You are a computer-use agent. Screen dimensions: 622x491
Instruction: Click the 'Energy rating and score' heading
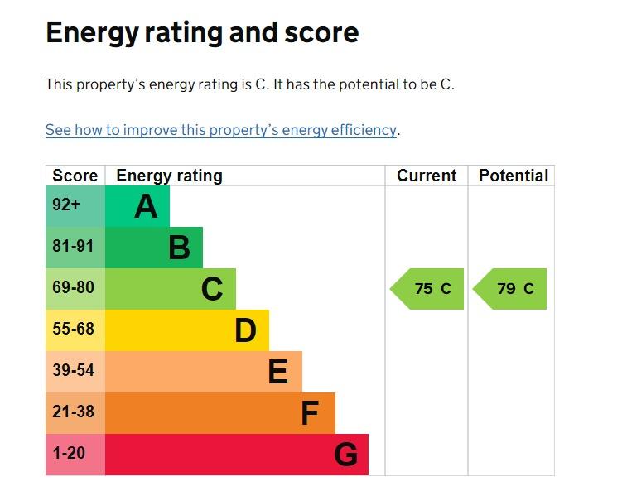[x=202, y=33]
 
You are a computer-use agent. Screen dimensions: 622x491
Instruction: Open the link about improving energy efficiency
[x=221, y=130]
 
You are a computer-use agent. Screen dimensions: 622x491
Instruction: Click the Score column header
[x=75, y=176]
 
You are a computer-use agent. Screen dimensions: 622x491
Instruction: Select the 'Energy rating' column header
[x=170, y=176]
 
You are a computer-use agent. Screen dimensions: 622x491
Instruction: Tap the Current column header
[x=427, y=176]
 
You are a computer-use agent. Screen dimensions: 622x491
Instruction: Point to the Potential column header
[x=514, y=176]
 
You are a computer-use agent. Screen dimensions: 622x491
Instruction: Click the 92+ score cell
[x=75, y=206]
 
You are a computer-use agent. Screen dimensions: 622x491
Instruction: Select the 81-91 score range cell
[x=75, y=248]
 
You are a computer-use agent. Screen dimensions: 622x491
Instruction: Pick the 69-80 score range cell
[x=75, y=289]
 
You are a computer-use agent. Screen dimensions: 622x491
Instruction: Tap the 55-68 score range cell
[x=75, y=330]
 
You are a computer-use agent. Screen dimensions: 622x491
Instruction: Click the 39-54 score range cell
[x=75, y=372]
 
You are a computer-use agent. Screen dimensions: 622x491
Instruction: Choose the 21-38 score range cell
[x=75, y=413]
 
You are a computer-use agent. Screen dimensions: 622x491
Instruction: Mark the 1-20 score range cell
[x=75, y=455]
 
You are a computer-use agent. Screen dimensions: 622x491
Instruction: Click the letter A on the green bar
[x=146, y=207]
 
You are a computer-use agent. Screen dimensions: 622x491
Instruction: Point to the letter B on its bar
[x=179, y=248]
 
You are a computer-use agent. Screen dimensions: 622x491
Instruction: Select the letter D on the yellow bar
[x=245, y=330]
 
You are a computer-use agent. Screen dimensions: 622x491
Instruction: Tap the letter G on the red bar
[x=346, y=455]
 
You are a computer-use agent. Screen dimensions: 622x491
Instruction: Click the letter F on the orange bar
[x=310, y=413]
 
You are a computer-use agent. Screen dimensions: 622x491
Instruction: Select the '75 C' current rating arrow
[x=427, y=289]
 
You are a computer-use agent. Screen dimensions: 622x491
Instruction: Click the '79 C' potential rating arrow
[x=509, y=289]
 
